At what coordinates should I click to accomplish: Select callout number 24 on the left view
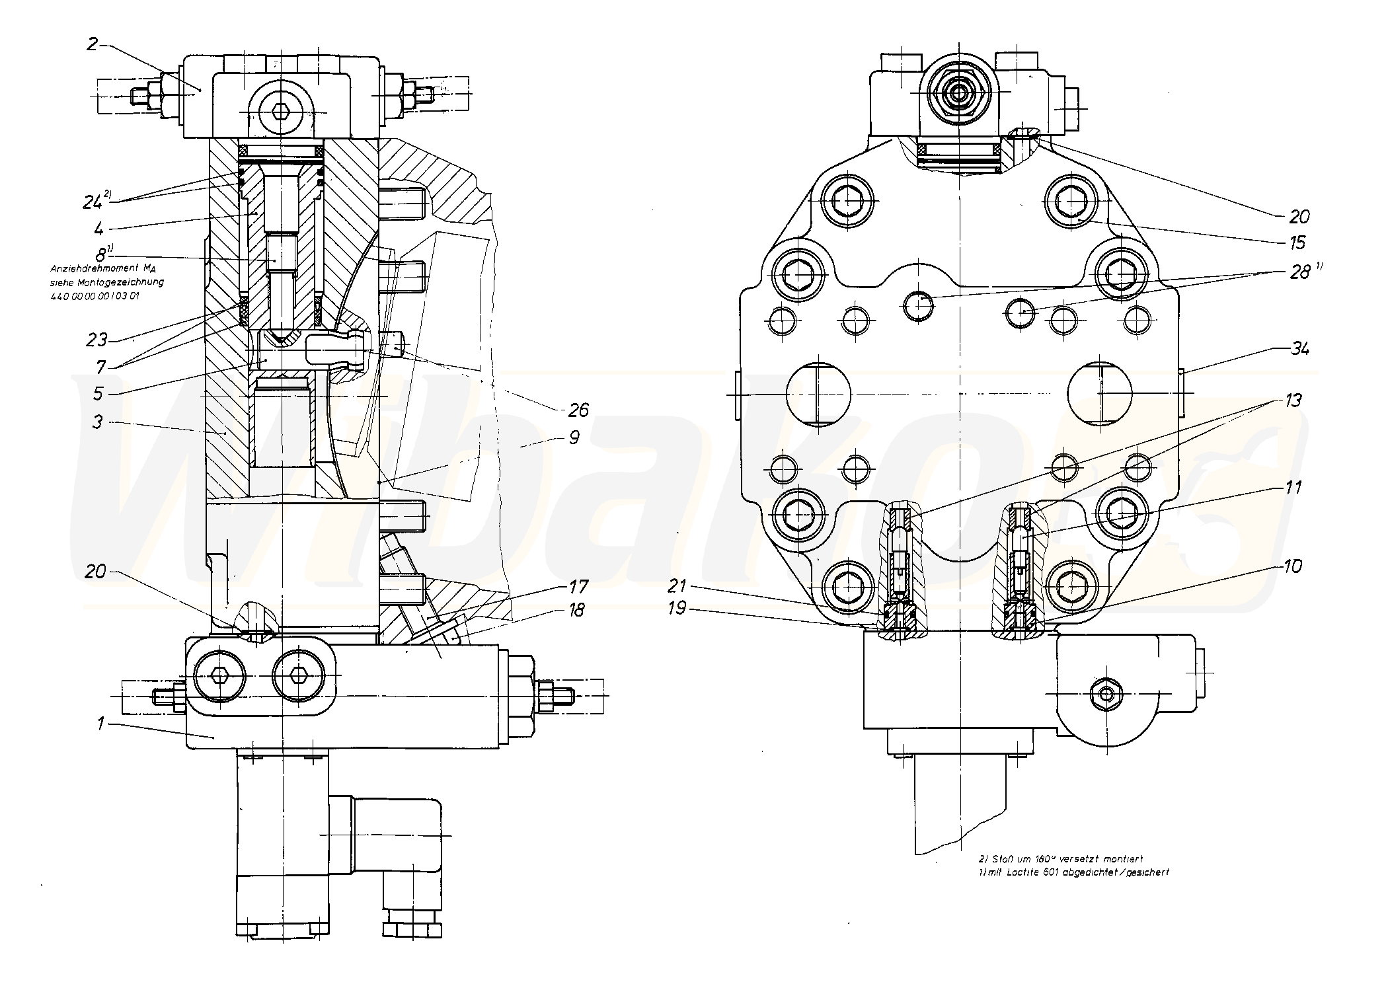pyautogui.click(x=92, y=202)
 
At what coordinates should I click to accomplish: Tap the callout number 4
pyautogui.click(x=98, y=229)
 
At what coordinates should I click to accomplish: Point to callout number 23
pyautogui.click(x=96, y=340)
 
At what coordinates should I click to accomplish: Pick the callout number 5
pyautogui.click(x=98, y=394)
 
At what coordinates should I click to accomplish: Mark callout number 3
pyautogui.click(x=98, y=422)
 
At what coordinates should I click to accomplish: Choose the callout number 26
pyautogui.click(x=578, y=410)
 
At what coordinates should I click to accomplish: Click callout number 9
pyautogui.click(x=574, y=437)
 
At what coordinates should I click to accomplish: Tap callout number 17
pyautogui.click(x=578, y=586)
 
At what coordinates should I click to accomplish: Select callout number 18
pyautogui.click(x=577, y=610)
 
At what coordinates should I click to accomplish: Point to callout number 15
pyautogui.click(x=1297, y=243)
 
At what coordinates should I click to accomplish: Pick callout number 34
pyautogui.click(x=1299, y=348)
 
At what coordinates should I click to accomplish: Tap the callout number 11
pyautogui.click(x=1293, y=488)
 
